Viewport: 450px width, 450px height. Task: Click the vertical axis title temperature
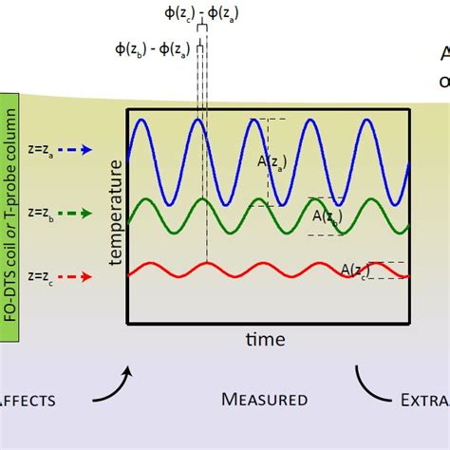click(116, 213)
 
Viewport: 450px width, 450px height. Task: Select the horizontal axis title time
click(265, 339)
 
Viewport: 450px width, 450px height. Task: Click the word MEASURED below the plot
click(263, 400)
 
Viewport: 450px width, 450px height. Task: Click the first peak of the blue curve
click(141, 120)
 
